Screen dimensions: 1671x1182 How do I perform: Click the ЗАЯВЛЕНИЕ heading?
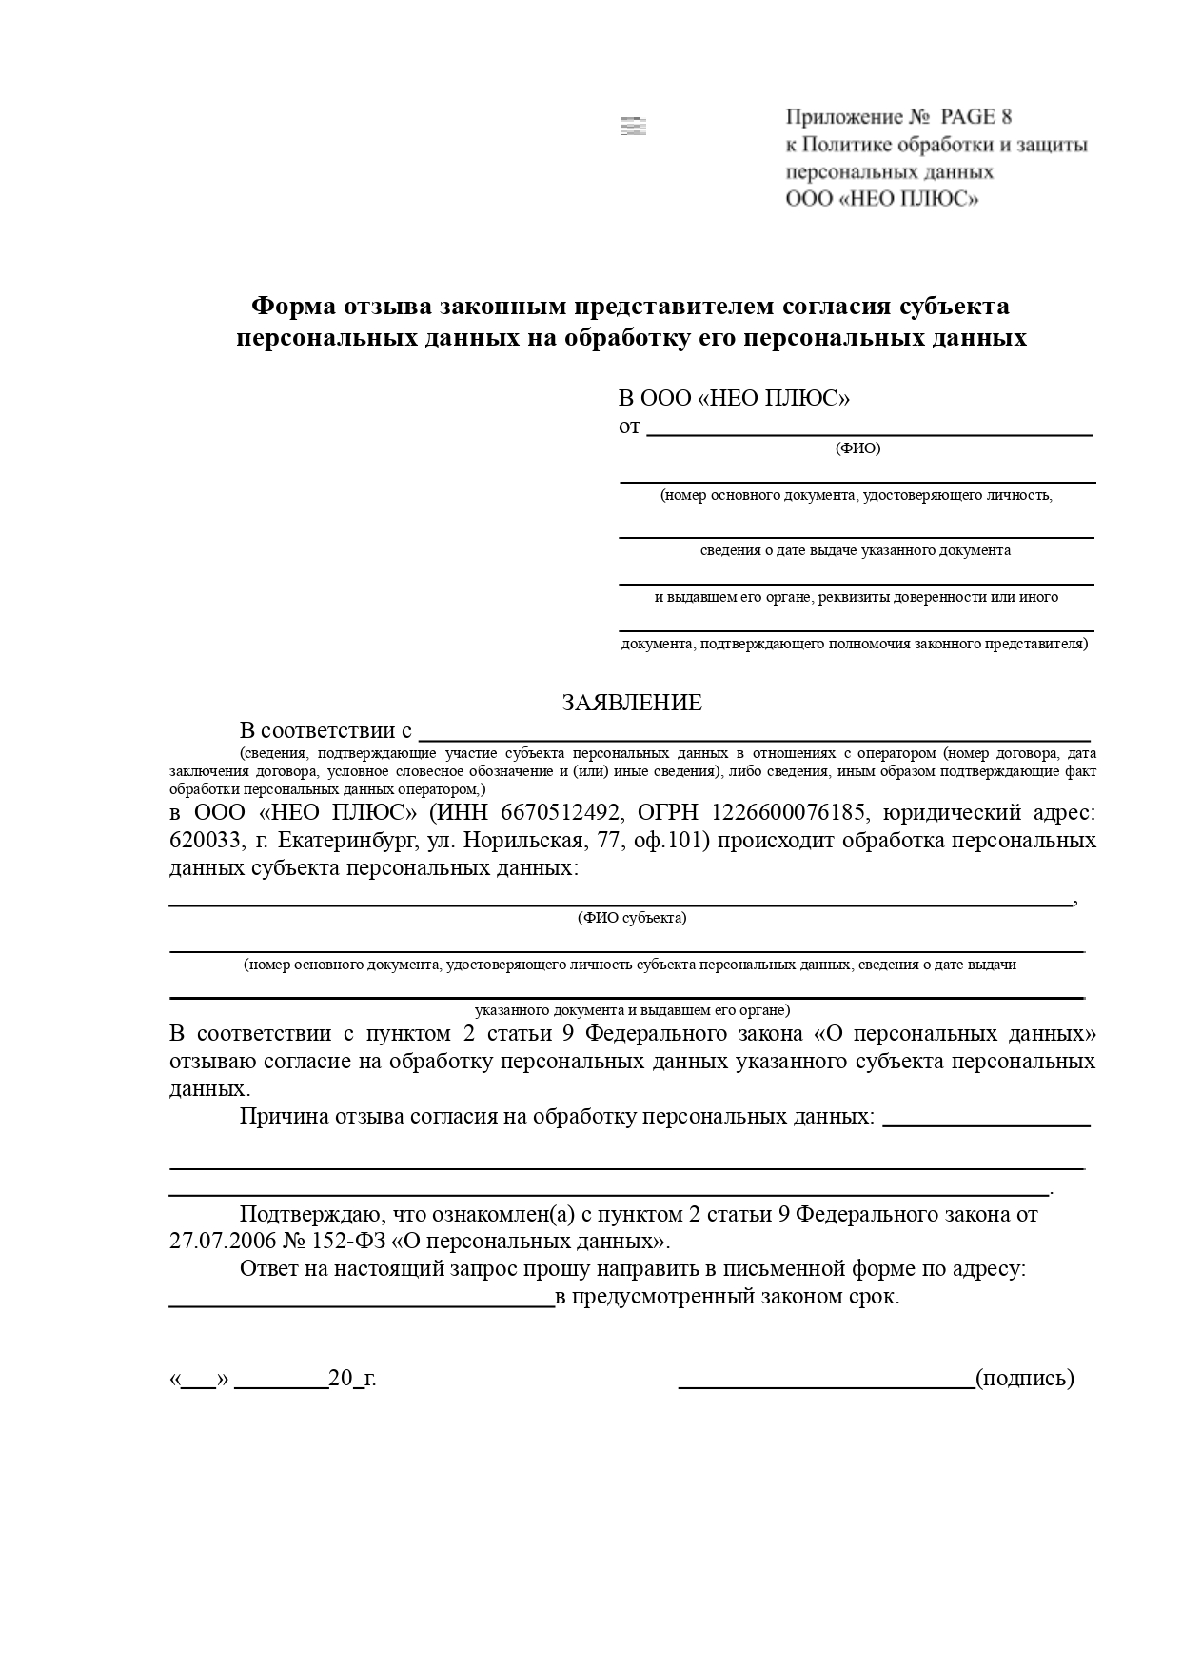point(632,703)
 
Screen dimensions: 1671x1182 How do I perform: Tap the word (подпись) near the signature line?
point(1024,1378)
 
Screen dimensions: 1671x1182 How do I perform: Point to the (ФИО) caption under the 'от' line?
point(857,448)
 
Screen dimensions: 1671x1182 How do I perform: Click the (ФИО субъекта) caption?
point(631,918)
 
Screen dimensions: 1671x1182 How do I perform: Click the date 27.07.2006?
point(216,1242)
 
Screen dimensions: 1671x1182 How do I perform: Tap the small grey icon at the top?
point(633,127)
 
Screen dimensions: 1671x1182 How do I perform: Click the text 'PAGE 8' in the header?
point(975,117)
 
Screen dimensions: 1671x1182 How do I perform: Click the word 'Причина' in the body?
point(284,1116)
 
